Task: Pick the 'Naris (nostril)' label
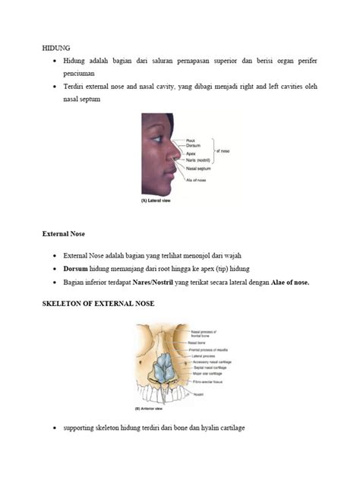pyautogui.click(x=197, y=161)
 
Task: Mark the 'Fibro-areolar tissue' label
pyautogui.click(x=207, y=381)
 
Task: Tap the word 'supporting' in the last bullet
pyautogui.click(x=84, y=428)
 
